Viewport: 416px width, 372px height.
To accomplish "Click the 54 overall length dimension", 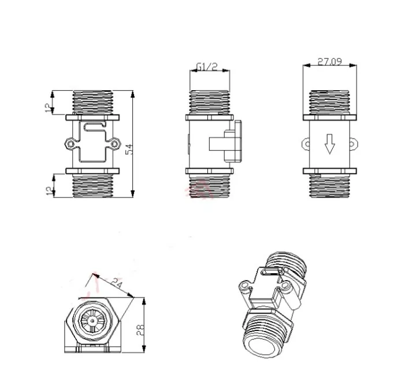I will click(130, 148).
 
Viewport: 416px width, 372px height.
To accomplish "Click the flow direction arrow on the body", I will click(330, 144).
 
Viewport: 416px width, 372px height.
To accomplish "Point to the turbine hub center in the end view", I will click(92, 319).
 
